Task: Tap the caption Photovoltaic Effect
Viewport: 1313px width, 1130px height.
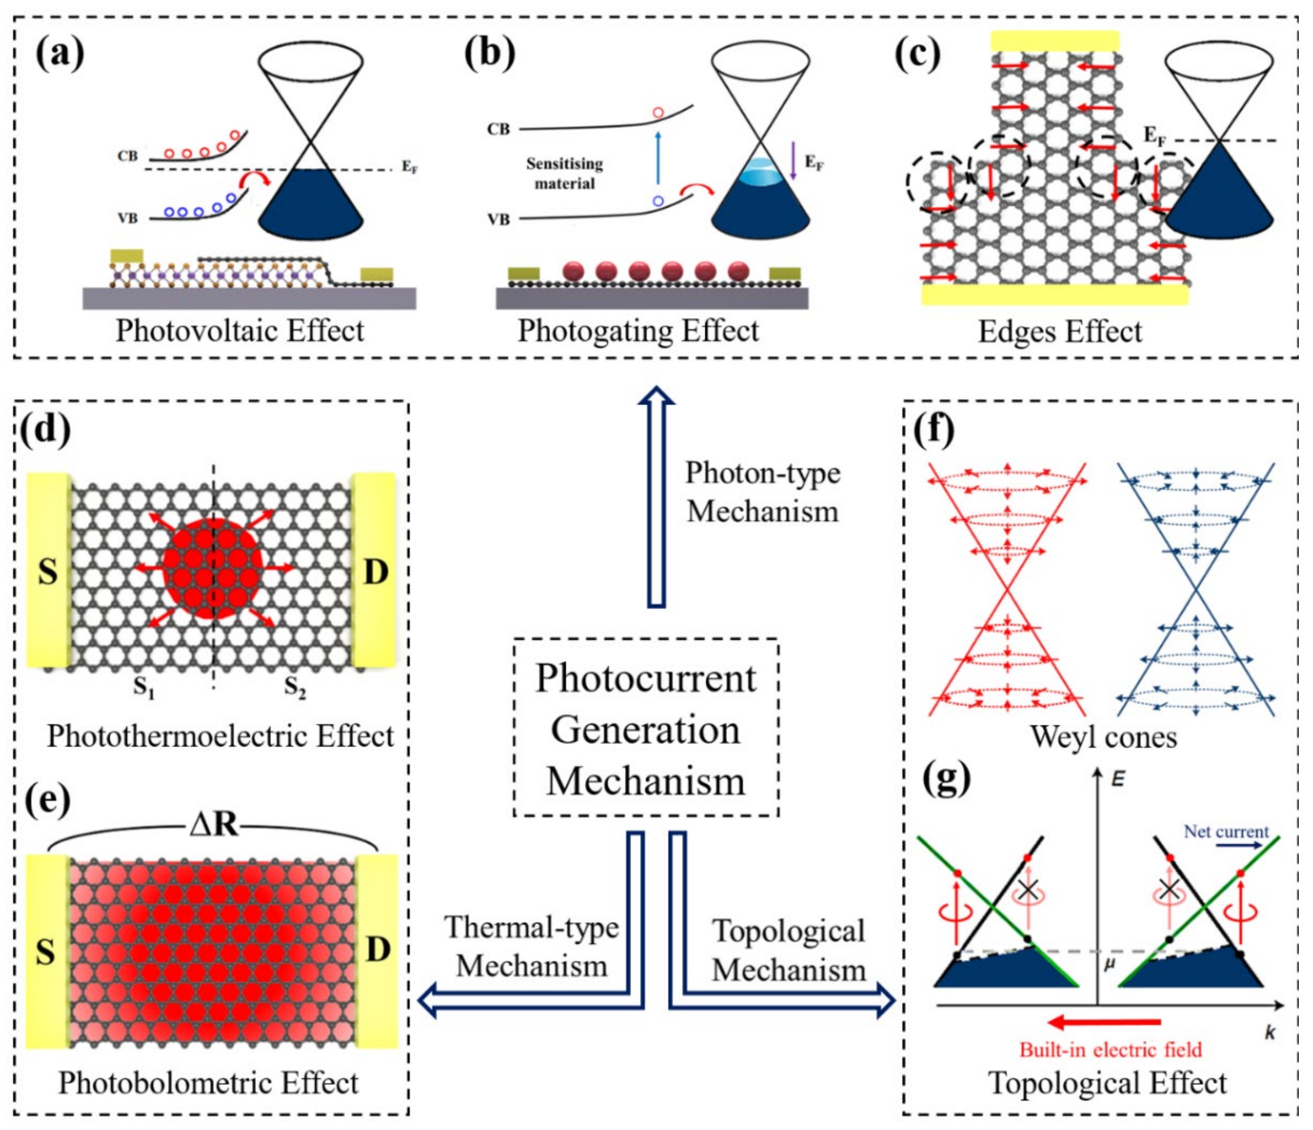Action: coord(240,331)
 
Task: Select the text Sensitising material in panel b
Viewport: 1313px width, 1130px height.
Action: coord(564,174)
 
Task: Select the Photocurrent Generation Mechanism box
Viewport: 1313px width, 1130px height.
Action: coord(646,729)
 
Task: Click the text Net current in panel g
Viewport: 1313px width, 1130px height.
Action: coord(1226,831)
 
